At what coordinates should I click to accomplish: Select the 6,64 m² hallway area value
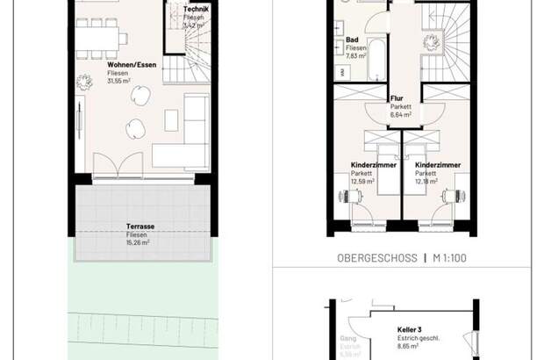[x=399, y=115]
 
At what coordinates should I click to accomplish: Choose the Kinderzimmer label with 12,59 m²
[x=373, y=164]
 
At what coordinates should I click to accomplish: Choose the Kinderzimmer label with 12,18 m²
[x=438, y=164]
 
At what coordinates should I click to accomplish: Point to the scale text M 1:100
[x=452, y=258]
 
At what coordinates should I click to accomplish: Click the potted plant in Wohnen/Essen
[x=86, y=83]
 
